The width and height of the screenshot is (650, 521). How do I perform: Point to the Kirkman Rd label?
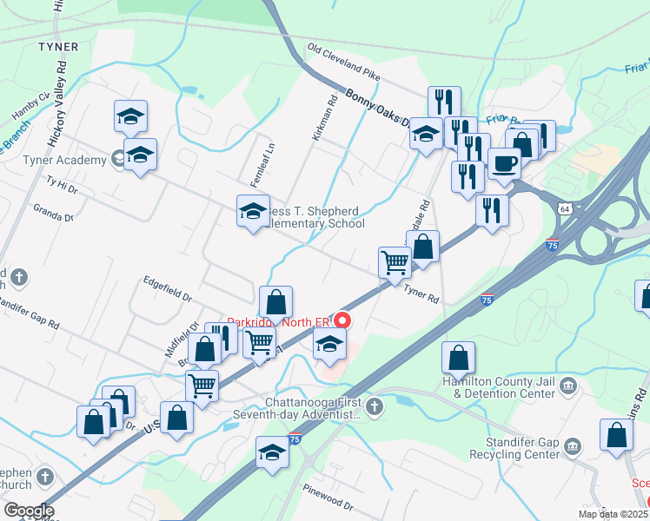(324, 119)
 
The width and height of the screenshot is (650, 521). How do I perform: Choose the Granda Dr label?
(53, 214)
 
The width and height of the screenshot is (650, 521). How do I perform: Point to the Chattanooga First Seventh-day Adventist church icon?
(374, 406)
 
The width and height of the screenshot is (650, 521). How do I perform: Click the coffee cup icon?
(504, 162)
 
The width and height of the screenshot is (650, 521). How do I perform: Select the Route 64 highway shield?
(565, 210)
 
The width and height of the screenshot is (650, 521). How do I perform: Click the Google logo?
(28, 511)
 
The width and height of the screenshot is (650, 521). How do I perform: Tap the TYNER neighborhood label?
(58, 47)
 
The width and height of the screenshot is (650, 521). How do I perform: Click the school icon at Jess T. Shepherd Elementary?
(253, 210)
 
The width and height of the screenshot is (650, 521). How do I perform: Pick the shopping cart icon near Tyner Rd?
(395, 260)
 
